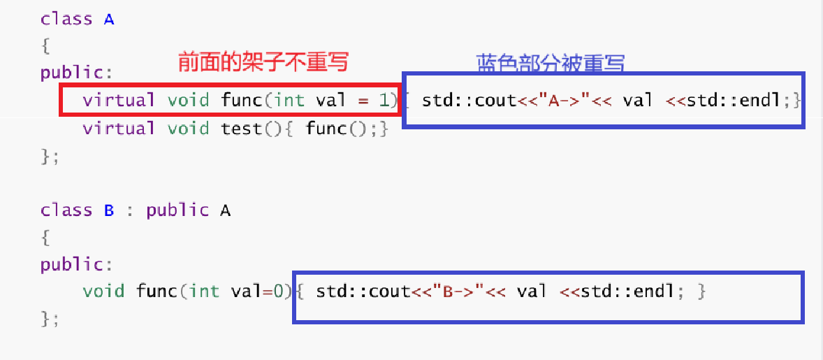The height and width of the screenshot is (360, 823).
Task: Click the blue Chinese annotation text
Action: click(x=550, y=64)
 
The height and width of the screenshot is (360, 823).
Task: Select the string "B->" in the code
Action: click(x=460, y=291)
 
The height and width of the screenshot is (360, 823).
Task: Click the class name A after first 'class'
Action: click(x=109, y=20)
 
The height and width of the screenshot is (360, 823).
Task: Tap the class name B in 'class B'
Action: click(x=109, y=210)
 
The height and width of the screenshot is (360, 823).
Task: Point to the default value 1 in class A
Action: click(x=384, y=100)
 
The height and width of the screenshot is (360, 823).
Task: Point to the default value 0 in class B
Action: click(x=277, y=291)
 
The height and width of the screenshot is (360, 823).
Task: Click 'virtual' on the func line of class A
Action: click(x=119, y=100)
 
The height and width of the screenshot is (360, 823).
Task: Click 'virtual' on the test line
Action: click(x=119, y=129)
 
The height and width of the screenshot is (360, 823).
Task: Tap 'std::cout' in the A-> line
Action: click(x=469, y=100)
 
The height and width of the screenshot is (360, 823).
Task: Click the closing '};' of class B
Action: click(x=50, y=319)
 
